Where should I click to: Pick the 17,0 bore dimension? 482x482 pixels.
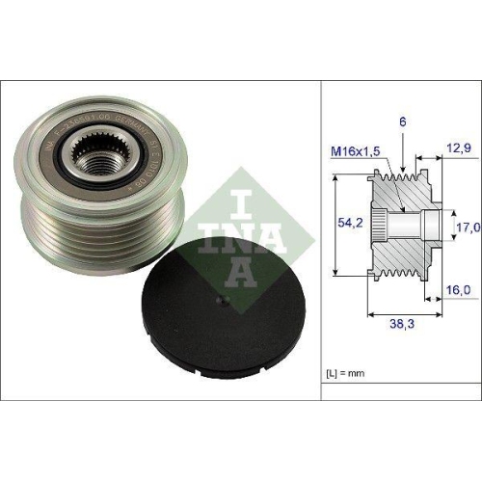pos(467,228)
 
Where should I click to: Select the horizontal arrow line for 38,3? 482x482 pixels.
pos(404,314)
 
